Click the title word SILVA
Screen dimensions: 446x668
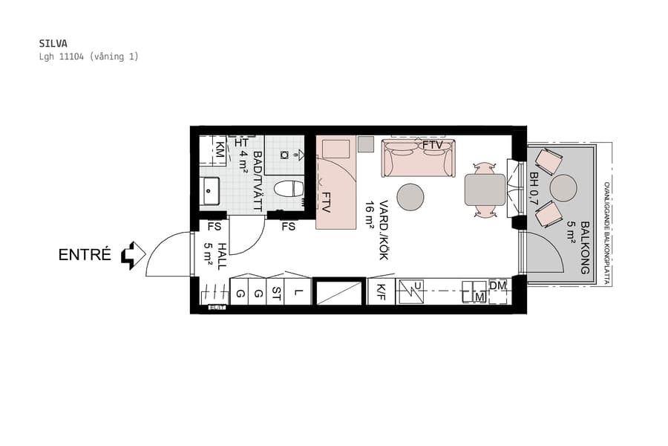tap(52, 43)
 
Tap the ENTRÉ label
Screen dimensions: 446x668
tap(85, 256)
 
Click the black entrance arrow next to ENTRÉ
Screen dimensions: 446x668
tap(132, 255)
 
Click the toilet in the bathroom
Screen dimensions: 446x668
tap(289, 189)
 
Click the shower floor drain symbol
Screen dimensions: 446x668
tap(285, 155)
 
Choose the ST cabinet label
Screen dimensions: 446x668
tap(276, 293)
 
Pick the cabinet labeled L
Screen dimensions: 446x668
tap(298, 293)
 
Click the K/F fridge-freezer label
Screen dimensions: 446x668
tap(381, 292)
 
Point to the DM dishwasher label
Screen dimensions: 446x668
tap(497, 285)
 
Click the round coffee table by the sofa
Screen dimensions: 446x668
tap(410, 197)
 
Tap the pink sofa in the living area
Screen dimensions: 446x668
tap(418, 159)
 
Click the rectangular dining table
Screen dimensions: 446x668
tap(485, 190)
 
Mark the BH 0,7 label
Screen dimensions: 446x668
tap(534, 189)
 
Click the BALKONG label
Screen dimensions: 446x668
tap(585, 248)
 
